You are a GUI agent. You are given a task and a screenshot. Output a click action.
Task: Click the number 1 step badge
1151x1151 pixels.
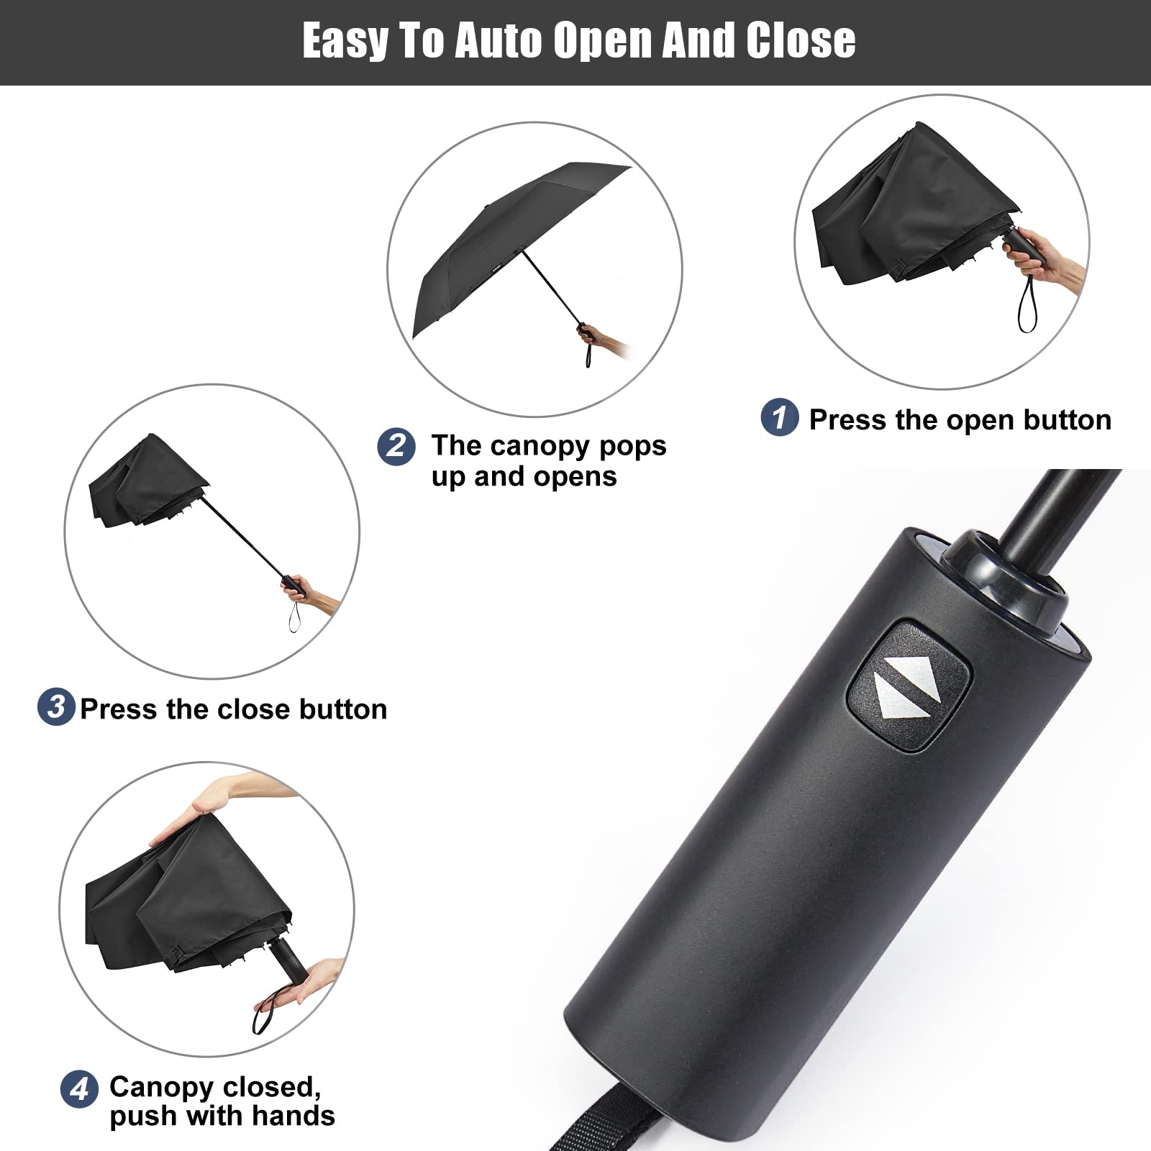(x=780, y=417)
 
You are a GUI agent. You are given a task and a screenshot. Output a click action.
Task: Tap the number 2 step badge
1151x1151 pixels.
(x=396, y=446)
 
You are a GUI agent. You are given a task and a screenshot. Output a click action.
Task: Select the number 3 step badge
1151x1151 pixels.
(x=56, y=706)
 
